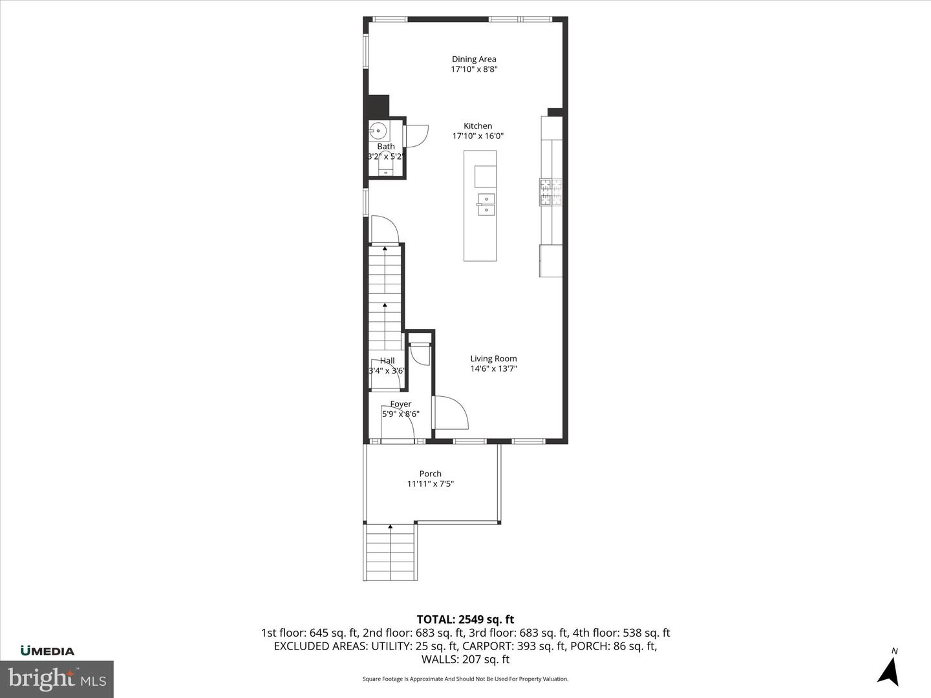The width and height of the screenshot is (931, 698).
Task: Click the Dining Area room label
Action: (x=474, y=59)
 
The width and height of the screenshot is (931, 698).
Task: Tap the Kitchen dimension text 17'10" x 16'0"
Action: (x=477, y=136)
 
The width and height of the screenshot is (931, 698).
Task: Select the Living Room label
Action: (x=493, y=359)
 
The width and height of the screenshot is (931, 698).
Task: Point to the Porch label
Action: (x=430, y=474)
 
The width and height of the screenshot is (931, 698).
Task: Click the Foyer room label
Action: (x=400, y=404)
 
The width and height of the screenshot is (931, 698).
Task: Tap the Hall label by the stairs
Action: (x=387, y=361)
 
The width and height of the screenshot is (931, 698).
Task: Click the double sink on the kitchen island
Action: (x=486, y=204)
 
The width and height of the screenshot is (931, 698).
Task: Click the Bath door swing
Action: (x=416, y=136)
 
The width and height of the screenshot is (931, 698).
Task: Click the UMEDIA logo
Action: (x=47, y=651)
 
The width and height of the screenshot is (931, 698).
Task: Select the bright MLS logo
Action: (x=57, y=679)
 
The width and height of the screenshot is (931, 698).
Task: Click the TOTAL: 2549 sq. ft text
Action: (x=465, y=620)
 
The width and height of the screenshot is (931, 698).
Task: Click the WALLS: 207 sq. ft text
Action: (x=465, y=659)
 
